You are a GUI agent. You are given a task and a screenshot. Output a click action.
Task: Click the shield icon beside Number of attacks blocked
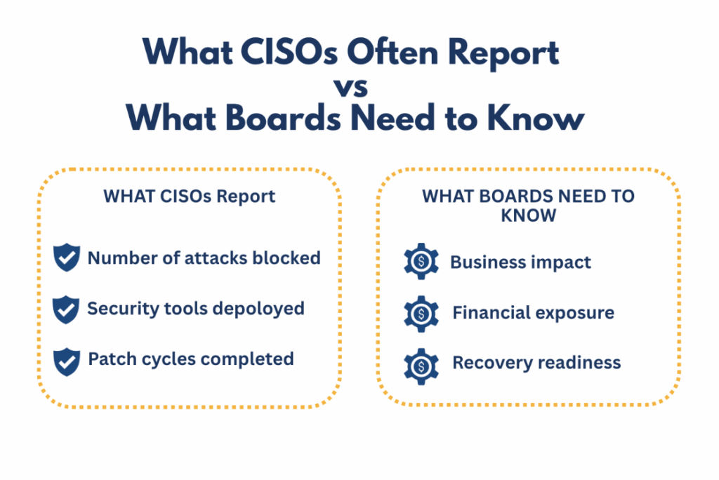(67, 257)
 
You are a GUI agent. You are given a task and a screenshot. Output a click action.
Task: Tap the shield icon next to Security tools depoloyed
(66, 309)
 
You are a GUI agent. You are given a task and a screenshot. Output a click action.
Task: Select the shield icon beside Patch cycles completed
(67, 361)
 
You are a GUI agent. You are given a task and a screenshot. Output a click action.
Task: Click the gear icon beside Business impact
(421, 261)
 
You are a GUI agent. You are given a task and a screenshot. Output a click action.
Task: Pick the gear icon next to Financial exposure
(421, 314)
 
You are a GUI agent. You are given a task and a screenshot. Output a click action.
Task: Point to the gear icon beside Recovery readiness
(421, 366)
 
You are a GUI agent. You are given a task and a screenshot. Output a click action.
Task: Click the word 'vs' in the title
(351, 87)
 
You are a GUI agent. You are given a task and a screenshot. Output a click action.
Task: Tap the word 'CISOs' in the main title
(289, 51)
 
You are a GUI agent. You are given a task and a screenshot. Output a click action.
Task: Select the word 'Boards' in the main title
(284, 118)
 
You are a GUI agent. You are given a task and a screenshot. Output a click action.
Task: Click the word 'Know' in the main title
(536, 118)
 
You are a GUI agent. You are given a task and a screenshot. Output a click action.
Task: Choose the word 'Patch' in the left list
(112, 359)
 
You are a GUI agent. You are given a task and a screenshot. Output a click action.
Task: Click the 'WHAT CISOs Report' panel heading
(190, 196)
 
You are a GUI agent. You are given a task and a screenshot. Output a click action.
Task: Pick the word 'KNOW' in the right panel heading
(528, 215)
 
